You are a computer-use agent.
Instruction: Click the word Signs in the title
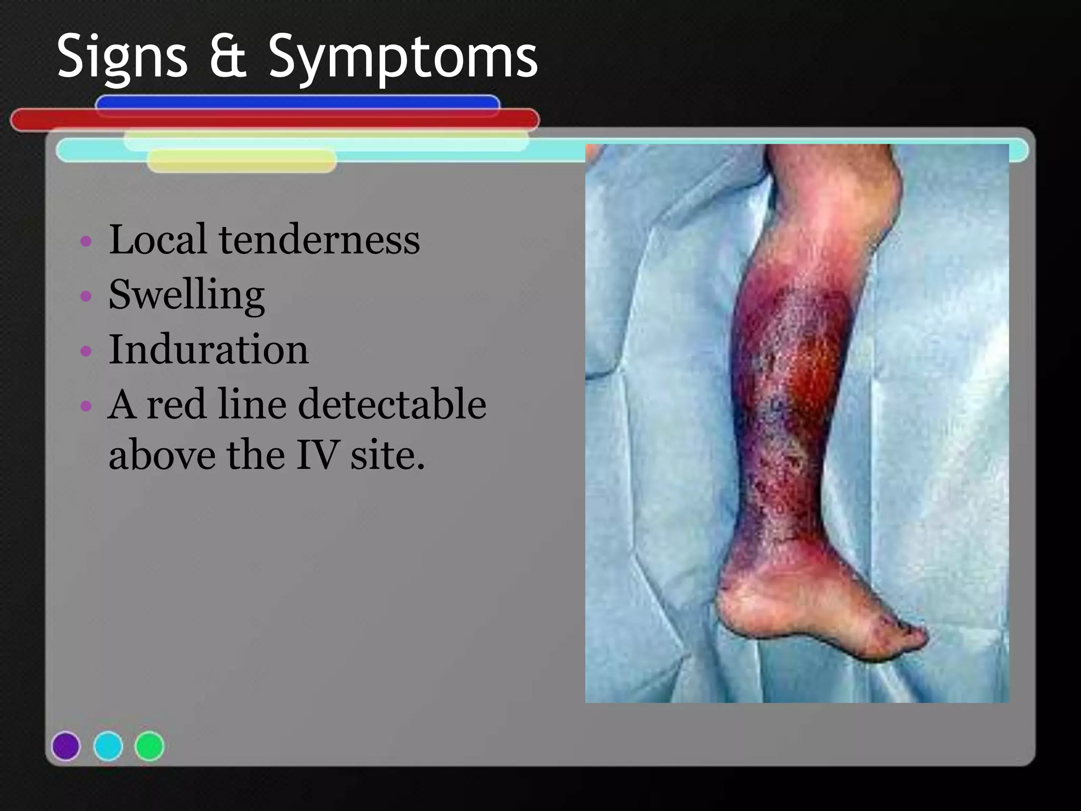[122, 57]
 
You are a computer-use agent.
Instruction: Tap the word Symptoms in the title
[403, 57]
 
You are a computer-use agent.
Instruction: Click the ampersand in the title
[229, 56]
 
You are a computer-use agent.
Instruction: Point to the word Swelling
[186, 295]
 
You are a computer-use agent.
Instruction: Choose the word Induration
[208, 350]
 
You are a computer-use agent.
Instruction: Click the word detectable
[392, 404]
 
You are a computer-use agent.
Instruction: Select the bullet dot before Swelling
[86, 296]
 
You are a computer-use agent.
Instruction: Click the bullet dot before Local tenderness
[86, 242]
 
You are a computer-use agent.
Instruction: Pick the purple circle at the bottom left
[66, 746]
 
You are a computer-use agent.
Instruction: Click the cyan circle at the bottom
[108, 746]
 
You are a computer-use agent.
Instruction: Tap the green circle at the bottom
[149, 746]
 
